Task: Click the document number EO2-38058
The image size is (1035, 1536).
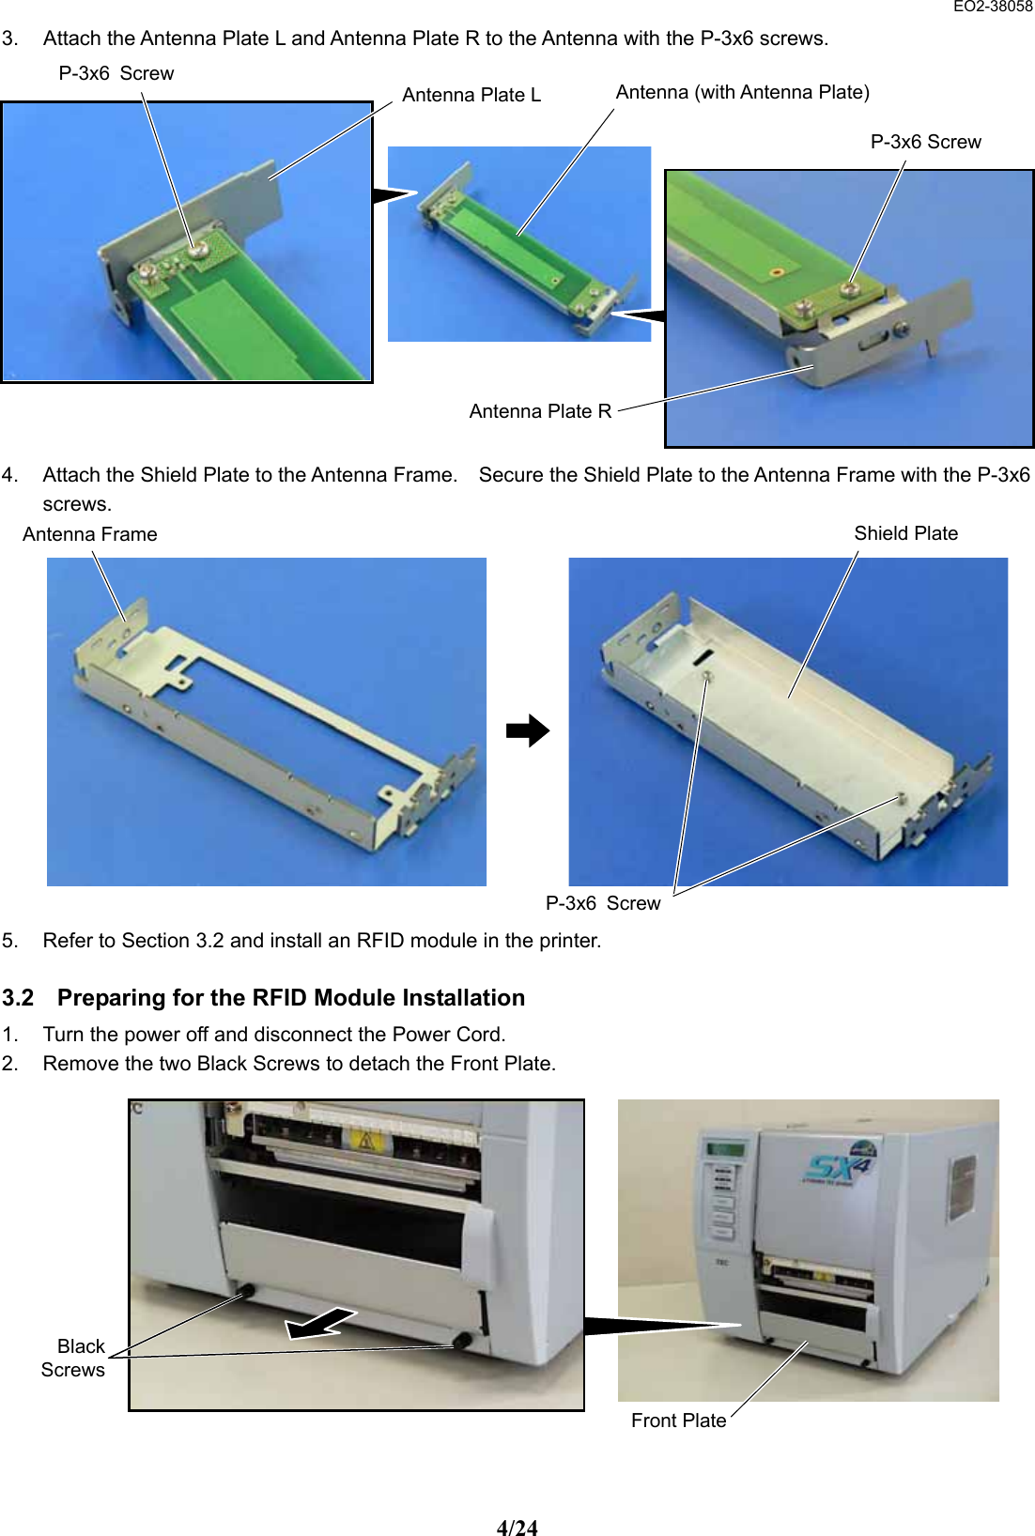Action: [992, 7]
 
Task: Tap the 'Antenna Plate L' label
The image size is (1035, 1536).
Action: [471, 95]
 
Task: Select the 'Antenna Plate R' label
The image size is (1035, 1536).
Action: [540, 411]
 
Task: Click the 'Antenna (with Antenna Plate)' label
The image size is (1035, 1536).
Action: [742, 92]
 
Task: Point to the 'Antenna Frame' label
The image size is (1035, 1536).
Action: [89, 534]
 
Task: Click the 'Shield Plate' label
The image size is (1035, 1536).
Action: [905, 533]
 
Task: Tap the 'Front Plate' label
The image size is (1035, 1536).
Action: [678, 1421]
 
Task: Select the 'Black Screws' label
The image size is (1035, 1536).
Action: [74, 1358]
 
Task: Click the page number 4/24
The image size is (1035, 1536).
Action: [517, 1528]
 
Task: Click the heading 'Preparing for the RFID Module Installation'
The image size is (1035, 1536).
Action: [290, 998]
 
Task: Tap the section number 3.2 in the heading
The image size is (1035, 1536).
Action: [18, 998]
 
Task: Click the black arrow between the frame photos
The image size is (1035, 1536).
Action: [528, 730]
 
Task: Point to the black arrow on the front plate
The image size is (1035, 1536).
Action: [321, 1324]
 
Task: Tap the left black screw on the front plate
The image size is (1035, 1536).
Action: [248, 1292]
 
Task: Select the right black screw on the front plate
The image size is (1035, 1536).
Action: [462, 1340]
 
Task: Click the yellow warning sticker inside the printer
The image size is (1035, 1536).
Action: [363, 1142]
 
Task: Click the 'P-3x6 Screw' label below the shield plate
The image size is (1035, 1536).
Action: [603, 903]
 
